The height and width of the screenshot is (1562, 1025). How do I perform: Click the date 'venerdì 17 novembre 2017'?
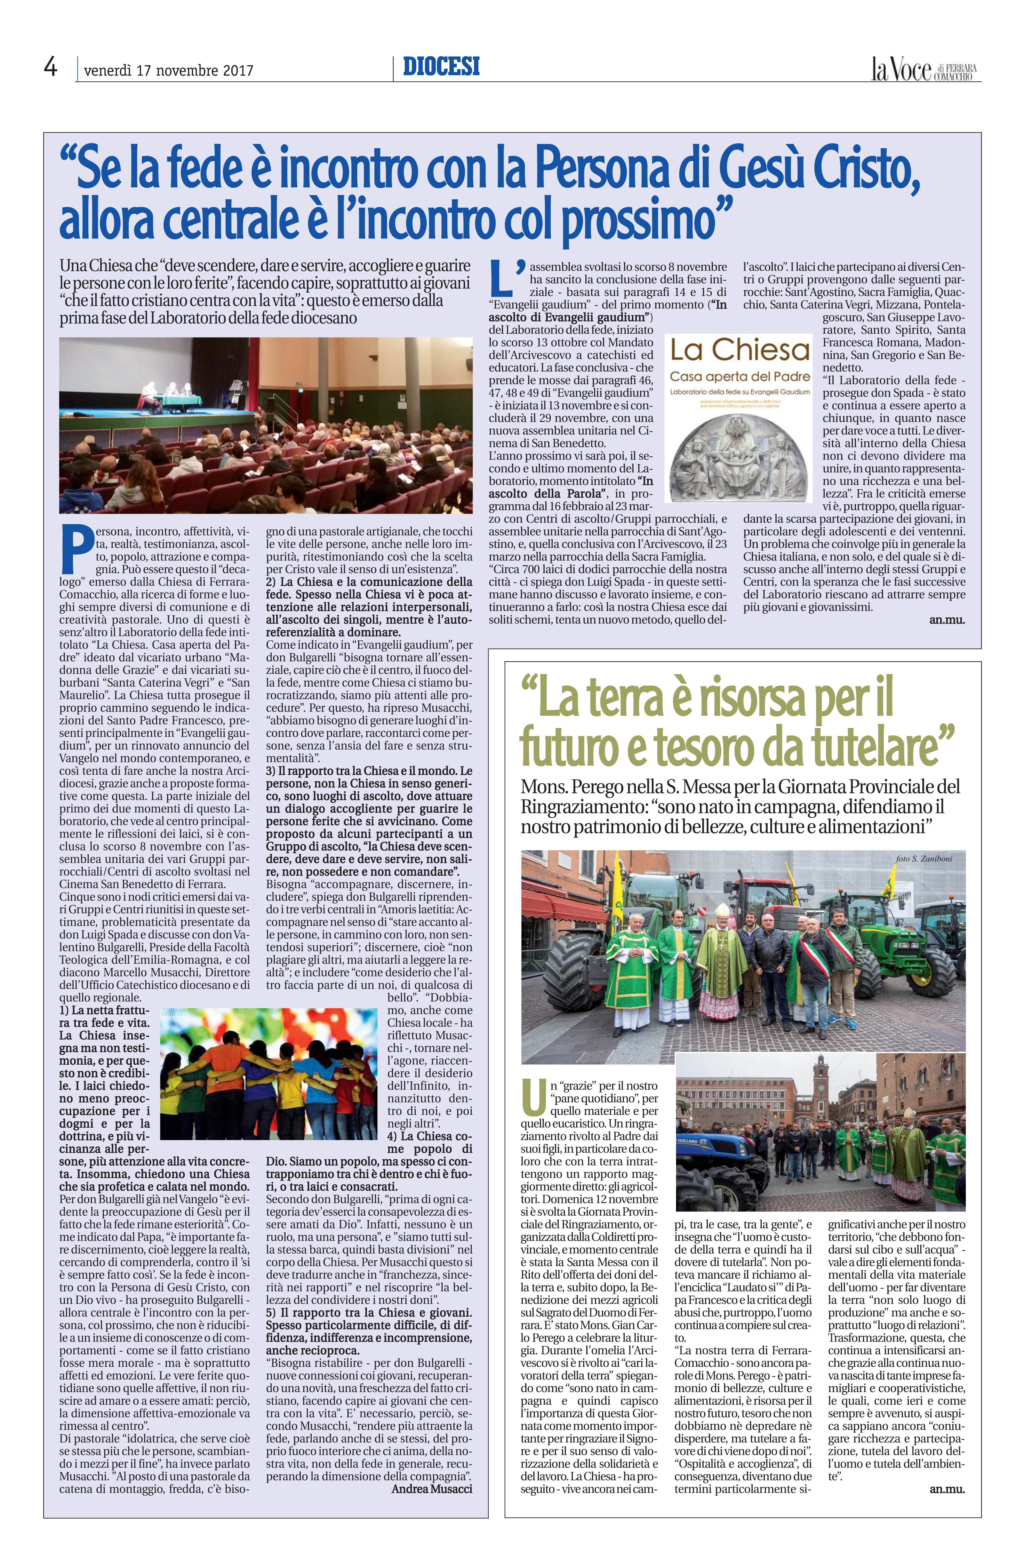click(169, 70)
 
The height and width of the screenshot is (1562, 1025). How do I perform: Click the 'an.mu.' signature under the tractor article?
click(947, 1410)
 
